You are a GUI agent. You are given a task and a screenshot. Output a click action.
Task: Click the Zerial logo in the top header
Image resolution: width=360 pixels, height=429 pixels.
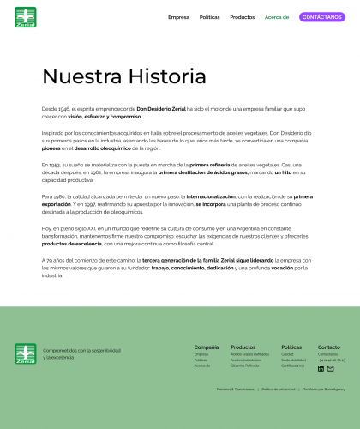(x=25, y=16)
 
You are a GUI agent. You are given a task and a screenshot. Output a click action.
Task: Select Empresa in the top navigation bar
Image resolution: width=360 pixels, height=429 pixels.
(x=178, y=17)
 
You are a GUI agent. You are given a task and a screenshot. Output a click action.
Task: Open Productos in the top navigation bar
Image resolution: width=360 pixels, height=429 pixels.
(x=242, y=17)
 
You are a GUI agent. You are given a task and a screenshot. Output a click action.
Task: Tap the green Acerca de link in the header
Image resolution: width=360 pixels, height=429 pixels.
(x=277, y=17)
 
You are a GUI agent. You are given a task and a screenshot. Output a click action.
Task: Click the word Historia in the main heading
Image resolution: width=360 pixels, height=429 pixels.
(x=166, y=76)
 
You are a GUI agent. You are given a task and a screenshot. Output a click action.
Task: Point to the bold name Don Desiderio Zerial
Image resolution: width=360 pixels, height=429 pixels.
(x=161, y=110)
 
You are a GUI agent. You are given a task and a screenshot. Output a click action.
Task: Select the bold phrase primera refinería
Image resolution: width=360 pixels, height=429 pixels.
(x=209, y=163)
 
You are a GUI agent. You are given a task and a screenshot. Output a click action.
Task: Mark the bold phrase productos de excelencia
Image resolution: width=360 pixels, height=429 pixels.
(x=71, y=244)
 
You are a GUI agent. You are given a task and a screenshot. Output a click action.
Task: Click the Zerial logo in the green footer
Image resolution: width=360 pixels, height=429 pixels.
(x=26, y=353)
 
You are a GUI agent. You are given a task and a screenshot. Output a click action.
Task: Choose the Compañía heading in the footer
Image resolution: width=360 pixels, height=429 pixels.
(x=207, y=347)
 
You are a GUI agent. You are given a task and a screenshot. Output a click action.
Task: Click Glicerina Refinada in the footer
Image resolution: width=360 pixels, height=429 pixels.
(x=245, y=365)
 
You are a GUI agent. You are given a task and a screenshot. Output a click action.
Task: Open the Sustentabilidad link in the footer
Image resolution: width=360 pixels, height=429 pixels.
(x=293, y=360)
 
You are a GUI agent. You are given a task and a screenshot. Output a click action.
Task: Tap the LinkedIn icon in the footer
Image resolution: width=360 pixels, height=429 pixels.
(x=321, y=368)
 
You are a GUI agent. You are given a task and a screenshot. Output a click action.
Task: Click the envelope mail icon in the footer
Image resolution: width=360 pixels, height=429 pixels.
(x=331, y=368)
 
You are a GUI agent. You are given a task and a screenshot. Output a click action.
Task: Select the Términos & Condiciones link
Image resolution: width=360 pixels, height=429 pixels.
(x=235, y=389)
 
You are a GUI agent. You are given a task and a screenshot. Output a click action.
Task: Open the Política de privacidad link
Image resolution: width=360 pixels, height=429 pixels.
(x=278, y=389)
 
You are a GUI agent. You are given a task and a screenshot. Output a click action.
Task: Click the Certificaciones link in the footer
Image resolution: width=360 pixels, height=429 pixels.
(x=293, y=365)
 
